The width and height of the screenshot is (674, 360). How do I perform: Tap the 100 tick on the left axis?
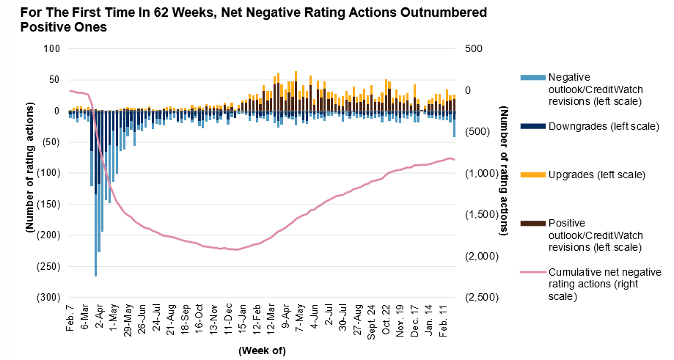point(51,49)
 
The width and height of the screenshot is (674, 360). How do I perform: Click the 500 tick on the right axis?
point(474,49)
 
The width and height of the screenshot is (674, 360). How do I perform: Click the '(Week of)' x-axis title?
point(262,350)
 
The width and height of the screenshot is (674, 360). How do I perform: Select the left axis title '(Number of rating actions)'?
point(30,174)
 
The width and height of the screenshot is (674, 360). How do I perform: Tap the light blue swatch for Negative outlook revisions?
point(532,77)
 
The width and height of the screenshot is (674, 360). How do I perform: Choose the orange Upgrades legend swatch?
point(532,175)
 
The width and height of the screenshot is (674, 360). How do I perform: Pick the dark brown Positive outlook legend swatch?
point(532,224)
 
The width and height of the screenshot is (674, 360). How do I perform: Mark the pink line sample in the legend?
point(532,272)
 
